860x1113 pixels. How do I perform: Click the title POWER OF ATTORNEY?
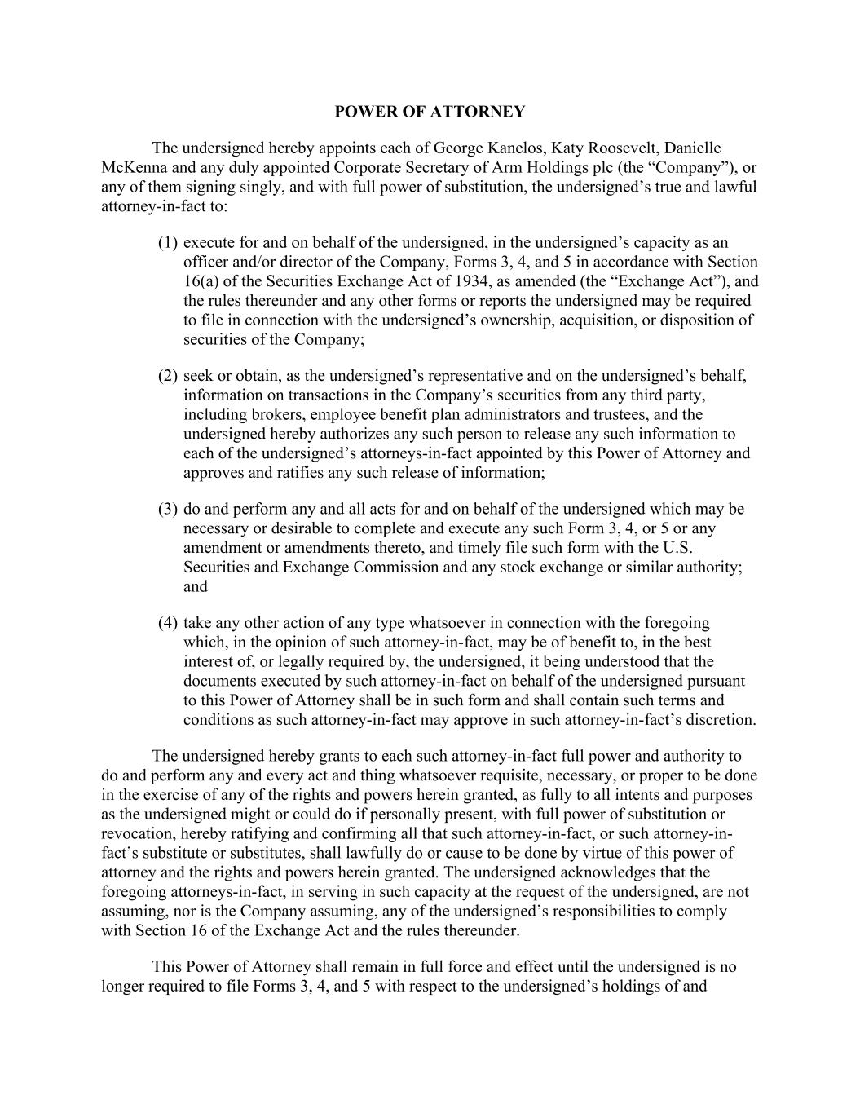click(x=430, y=112)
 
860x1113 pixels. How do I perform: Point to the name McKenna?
click(x=134, y=168)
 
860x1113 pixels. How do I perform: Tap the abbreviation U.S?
click(x=677, y=548)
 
